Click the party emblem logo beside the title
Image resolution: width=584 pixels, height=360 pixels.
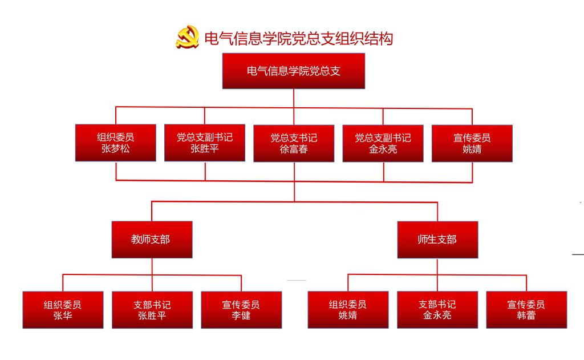[187, 38]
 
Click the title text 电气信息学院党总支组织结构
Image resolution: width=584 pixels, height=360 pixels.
[298, 38]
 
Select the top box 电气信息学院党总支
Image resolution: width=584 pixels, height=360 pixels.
[293, 71]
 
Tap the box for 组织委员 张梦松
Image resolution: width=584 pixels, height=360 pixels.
[116, 143]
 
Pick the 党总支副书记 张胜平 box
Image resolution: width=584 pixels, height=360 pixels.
[205, 143]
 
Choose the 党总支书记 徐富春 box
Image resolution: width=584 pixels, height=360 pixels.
[294, 143]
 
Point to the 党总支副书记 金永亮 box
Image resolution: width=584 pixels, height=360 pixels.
[383, 143]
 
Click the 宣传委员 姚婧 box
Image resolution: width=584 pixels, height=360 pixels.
[472, 143]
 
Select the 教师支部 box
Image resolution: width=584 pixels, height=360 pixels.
[151, 240]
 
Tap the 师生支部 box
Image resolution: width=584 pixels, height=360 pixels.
[437, 240]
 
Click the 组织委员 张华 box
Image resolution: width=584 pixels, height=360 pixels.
[63, 310]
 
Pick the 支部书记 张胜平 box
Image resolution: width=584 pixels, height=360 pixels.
[152, 310]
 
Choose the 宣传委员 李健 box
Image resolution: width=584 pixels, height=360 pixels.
[241, 310]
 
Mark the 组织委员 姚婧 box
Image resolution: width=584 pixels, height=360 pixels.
[348, 310]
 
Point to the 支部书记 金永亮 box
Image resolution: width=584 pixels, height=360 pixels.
[437, 310]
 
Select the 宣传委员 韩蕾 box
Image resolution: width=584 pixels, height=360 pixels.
[526, 310]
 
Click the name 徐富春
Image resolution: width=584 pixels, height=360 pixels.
[294, 149]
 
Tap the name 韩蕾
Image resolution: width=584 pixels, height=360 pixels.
[526, 315]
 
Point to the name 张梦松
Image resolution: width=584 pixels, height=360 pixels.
[116, 149]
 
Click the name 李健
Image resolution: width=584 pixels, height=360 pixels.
[241, 315]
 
